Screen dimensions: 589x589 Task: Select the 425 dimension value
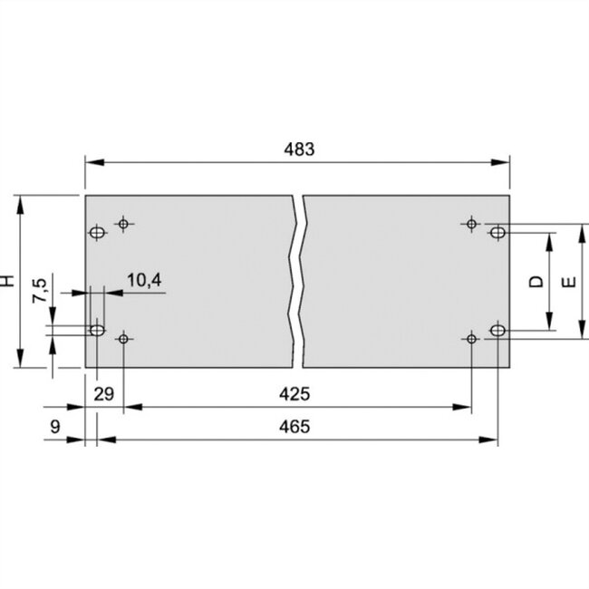296,394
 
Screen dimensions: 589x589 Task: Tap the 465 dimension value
296,426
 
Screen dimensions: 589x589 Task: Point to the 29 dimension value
104,394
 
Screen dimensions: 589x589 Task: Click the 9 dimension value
55,426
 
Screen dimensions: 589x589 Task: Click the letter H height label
8,282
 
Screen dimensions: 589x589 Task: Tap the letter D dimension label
536,282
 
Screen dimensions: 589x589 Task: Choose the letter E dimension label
568,282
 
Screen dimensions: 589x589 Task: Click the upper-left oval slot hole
97,233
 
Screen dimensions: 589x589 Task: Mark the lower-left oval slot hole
97,329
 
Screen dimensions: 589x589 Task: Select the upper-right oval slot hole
497,233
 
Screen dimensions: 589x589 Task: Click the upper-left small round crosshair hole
124,223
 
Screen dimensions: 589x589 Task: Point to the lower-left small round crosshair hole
124,339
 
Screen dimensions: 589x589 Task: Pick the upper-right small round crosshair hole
470,223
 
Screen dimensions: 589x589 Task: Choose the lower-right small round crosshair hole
470,339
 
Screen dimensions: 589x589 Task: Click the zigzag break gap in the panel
298,281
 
